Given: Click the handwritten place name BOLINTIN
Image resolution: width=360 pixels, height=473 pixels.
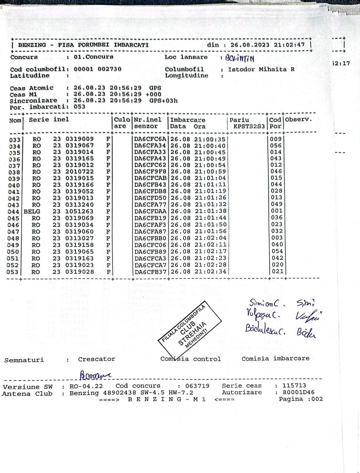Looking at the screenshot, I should coord(239,58).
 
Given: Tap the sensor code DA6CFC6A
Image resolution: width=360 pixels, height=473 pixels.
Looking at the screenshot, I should coord(150,139).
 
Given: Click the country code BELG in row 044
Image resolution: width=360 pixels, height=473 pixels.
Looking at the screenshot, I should coord(32,211).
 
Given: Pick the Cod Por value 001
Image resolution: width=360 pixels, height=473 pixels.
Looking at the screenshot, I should coord(276,211).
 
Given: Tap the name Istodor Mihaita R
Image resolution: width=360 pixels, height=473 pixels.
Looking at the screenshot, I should coord(261,69).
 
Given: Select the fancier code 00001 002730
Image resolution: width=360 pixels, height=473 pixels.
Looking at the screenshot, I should coord(97,69).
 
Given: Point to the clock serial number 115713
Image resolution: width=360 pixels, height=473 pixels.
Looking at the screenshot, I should coord(294,385).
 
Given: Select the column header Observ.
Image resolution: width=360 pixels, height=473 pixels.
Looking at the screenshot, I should coord(298,120).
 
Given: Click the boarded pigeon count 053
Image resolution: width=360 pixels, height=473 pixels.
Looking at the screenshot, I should coord(79,107).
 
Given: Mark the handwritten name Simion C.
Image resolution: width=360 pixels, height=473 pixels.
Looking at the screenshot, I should coord(263,302).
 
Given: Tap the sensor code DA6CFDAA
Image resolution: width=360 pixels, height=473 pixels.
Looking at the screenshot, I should coord(150,211).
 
